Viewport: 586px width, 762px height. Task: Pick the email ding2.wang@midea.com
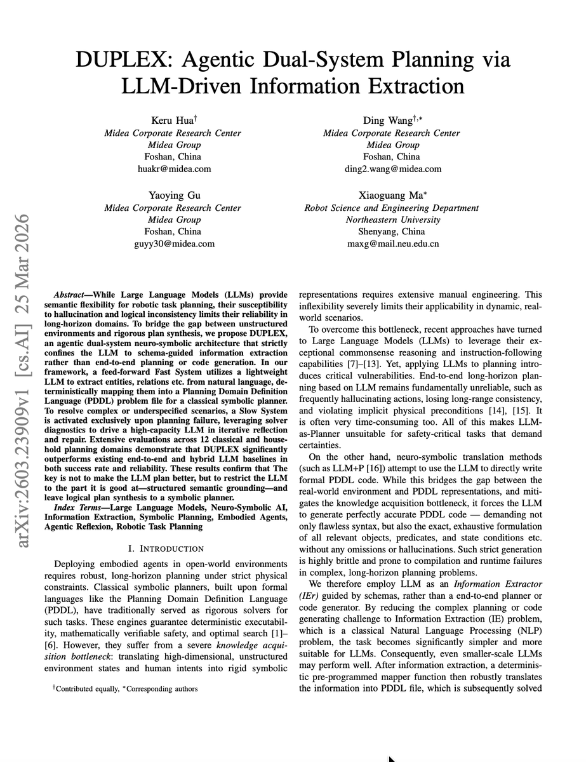pos(391,169)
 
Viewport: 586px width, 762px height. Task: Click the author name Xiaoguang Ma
pos(391,196)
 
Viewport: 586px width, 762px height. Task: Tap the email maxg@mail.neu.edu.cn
pos(391,244)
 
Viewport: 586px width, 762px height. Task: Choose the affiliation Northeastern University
pos(391,220)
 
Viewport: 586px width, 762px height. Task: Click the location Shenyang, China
pos(391,232)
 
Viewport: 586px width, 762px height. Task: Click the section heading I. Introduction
pos(165,548)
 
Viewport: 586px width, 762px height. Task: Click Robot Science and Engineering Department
pos(391,208)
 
